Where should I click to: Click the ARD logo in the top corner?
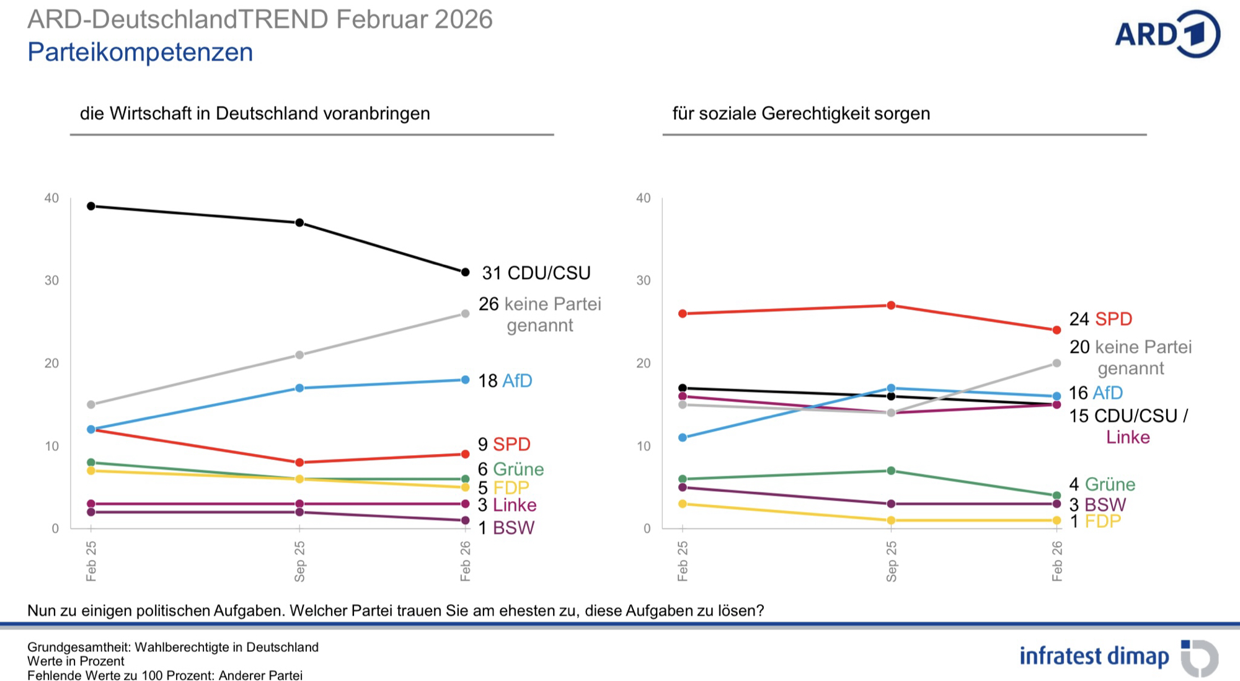point(1167,34)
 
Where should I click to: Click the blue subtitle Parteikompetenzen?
point(140,52)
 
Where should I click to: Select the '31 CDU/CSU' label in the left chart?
point(536,273)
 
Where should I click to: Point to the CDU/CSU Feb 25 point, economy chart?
point(91,206)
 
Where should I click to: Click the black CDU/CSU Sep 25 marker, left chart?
point(299,223)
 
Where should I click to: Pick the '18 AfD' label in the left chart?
point(505,381)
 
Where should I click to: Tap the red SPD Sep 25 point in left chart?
point(299,463)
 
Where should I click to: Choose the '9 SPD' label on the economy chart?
point(503,445)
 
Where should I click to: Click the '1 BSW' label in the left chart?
point(505,528)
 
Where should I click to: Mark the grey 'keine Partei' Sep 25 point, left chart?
point(299,355)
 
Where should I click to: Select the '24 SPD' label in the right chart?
point(1100,319)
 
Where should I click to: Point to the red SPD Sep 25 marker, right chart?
point(891,305)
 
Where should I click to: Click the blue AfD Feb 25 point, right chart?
point(683,437)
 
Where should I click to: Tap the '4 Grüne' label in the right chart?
point(1102,484)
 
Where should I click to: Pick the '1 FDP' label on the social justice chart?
point(1095,522)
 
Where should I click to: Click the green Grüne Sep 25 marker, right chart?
point(891,471)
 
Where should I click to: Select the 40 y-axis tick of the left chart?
point(51,198)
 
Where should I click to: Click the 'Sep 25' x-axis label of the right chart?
point(892,561)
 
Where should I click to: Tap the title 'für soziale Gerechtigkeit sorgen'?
point(801,113)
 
